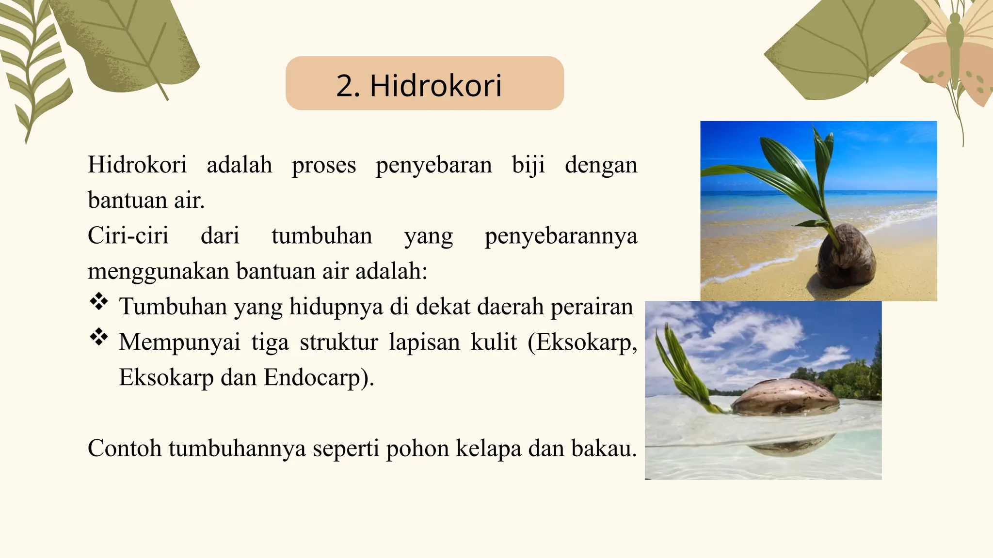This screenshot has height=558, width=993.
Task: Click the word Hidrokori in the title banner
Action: [x=435, y=86]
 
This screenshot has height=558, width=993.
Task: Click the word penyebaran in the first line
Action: [x=433, y=165]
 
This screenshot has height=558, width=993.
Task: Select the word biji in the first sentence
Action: [x=528, y=165]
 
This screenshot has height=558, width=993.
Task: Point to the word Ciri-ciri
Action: [x=128, y=236]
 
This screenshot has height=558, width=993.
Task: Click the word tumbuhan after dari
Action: [x=321, y=236]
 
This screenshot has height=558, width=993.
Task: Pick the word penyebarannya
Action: [x=561, y=236]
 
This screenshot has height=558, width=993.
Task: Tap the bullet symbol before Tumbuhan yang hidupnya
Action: [x=99, y=301]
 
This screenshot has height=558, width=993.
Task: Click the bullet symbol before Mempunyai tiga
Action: [x=99, y=337]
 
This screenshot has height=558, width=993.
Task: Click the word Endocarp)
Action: [x=319, y=377]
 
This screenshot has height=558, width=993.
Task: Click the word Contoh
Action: [x=125, y=448]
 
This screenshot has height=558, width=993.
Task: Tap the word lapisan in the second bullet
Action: [x=424, y=342]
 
